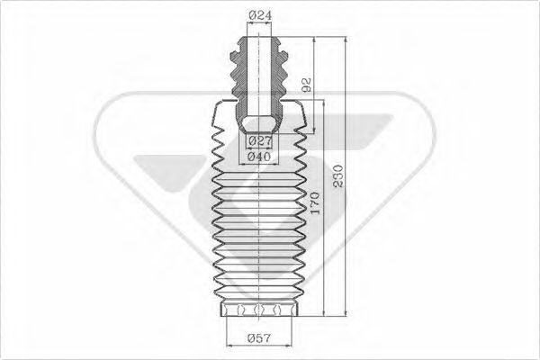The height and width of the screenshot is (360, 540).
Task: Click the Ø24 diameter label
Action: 259,15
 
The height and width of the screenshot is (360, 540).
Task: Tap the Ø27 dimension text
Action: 259,140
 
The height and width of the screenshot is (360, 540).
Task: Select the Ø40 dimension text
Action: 259,157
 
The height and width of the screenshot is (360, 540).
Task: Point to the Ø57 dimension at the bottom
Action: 259,339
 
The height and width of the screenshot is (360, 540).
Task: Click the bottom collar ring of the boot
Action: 259,311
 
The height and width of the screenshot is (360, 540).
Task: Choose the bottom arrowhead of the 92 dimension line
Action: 314,132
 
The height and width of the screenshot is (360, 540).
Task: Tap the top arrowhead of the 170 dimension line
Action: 325,103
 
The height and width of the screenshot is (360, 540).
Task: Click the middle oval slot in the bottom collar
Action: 259,310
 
